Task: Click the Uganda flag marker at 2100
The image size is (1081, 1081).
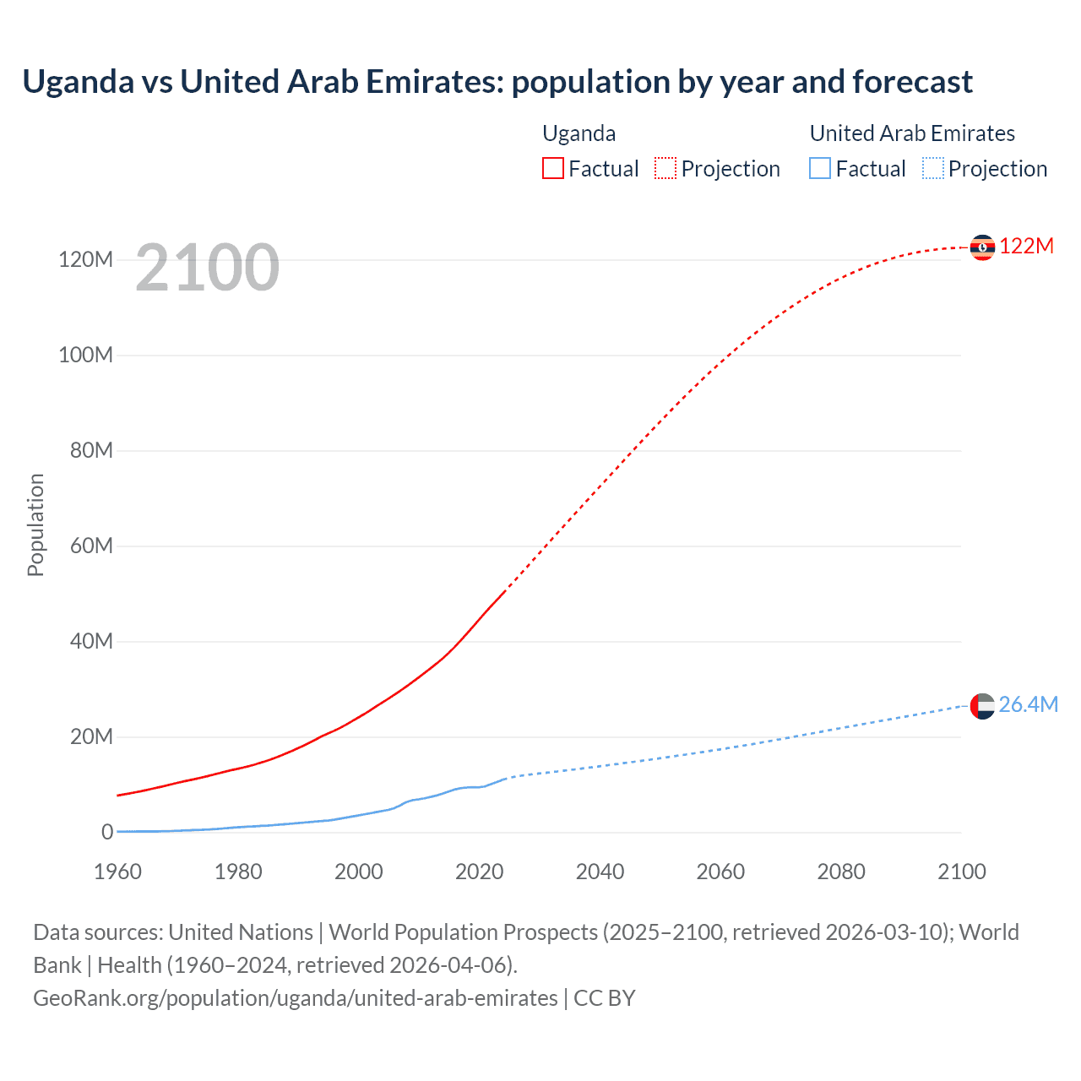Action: tap(982, 247)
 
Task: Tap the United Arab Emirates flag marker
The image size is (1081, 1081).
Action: tap(982, 705)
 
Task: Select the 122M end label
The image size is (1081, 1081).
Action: tap(1026, 246)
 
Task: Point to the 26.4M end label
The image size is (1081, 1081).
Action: tap(1028, 704)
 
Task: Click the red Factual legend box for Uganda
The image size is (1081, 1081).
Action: tap(553, 169)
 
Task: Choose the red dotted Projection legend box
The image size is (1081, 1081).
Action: tap(665, 169)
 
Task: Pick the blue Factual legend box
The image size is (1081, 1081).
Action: tap(820, 169)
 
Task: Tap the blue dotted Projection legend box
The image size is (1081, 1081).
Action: tap(933, 169)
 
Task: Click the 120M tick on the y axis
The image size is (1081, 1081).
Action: tap(85, 259)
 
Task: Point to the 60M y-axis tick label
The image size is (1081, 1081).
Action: tap(91, 546)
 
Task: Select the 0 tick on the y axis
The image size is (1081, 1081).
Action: tap(107, 832)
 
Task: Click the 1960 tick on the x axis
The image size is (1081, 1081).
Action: tap(117, 872)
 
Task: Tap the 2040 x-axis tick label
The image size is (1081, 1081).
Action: tap(600, 872)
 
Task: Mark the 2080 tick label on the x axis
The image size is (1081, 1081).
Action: tap(841, 872)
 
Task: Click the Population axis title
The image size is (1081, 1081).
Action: tap(35, 524)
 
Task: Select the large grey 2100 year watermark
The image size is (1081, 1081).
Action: tap(207, 268)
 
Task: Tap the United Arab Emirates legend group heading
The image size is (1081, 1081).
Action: tap(912, 133)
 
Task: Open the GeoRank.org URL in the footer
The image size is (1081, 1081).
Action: tap(296, 998)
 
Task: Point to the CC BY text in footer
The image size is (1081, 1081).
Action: tap(605, 998)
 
